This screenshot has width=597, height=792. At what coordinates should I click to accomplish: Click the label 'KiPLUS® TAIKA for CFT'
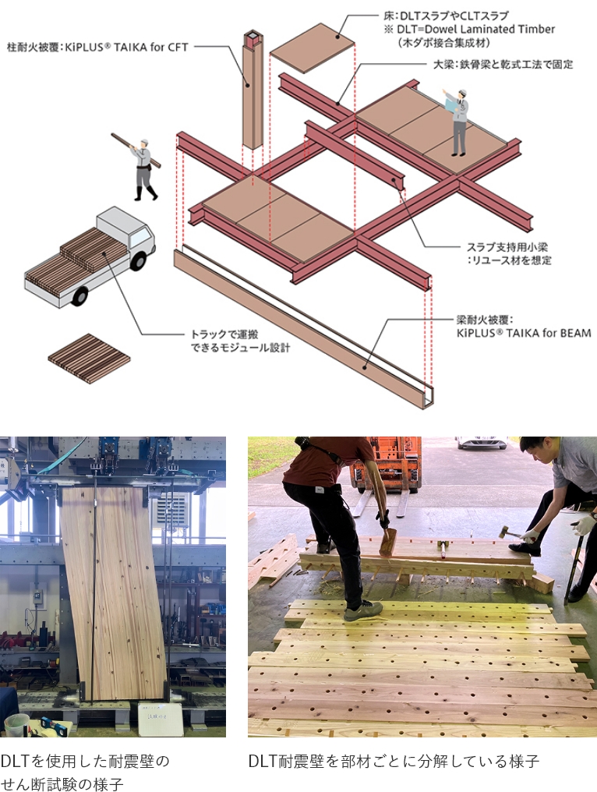127,47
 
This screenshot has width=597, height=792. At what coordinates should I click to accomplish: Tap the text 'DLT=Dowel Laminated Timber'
475,30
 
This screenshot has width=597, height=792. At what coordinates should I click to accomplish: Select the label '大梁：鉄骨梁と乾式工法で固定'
503,64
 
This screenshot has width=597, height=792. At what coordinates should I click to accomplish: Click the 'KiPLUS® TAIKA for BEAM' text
524,333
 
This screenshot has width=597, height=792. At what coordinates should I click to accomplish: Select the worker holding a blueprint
457,122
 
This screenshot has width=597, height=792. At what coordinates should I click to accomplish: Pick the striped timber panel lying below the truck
89,358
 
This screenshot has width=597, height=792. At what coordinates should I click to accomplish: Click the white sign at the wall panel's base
161,720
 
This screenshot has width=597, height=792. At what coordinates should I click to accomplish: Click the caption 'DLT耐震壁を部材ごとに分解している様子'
394,761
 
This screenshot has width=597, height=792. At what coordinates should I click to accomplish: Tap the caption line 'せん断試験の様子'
62,784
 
